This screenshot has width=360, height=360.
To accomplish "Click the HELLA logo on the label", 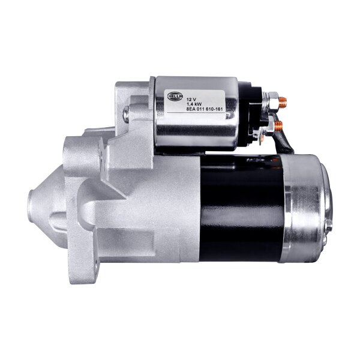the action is [176, 96].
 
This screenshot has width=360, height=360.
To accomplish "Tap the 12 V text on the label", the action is [191, 100].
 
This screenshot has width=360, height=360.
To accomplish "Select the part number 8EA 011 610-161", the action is [205, 109].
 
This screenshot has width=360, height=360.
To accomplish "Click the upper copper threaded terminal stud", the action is [283, 103].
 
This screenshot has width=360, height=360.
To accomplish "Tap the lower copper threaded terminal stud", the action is [278, 125].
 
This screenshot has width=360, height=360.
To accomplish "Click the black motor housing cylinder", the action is [241, 208].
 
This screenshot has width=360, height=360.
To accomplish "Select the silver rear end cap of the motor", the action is [303, 208].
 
